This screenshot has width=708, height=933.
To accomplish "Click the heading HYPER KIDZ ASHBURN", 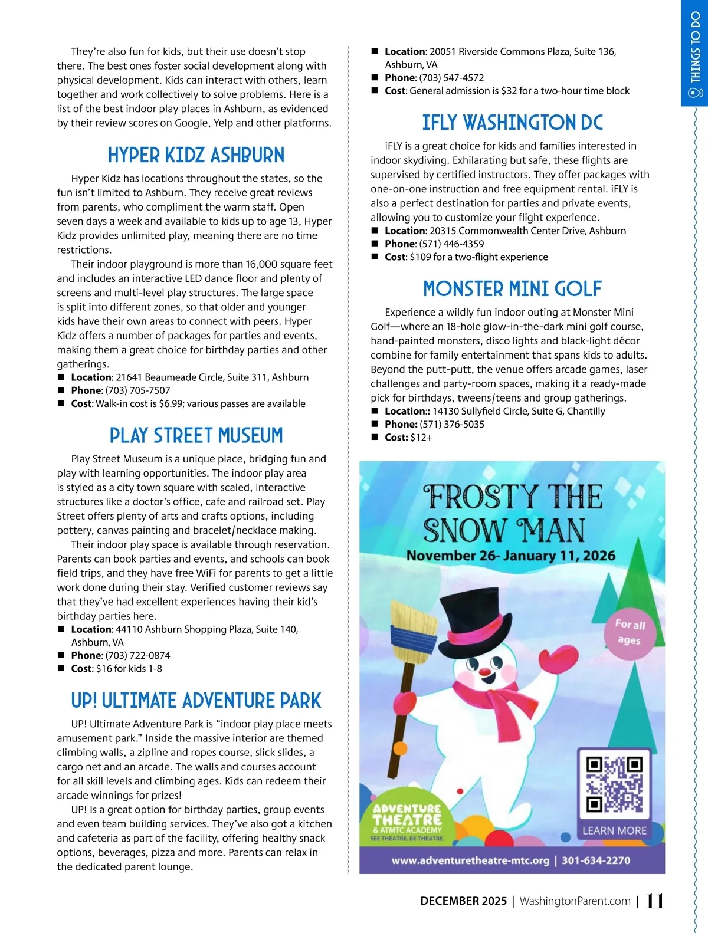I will [x=196, y=155].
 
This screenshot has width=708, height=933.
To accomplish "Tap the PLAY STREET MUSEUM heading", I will [x=196, y=436].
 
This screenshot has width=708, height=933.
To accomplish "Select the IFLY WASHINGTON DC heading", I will [x=512, y=123].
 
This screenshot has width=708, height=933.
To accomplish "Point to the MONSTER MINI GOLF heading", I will [x=512, y=289].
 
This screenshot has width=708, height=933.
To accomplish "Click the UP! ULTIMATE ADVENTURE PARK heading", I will [x=196, y=701].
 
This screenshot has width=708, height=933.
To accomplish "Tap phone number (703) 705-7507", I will [x=137, y=390].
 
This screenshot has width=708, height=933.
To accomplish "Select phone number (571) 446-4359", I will [x=451, y=244].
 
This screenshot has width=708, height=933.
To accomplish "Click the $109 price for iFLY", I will [x=420, y=257].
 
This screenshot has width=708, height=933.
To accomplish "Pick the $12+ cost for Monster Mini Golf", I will [x=421, y=438].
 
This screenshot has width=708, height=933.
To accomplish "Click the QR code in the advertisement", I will [x=614, y=784].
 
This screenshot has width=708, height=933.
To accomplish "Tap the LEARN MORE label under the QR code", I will [x=614, y=830].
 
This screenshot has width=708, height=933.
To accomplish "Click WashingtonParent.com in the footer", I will [x=575, y=901].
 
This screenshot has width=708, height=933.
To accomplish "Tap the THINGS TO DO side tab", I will [x=696, y=53].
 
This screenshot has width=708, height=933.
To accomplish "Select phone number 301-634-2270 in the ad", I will [x=595, y=860].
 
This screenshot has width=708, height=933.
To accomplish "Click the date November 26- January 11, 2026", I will [x=510, y=556].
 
